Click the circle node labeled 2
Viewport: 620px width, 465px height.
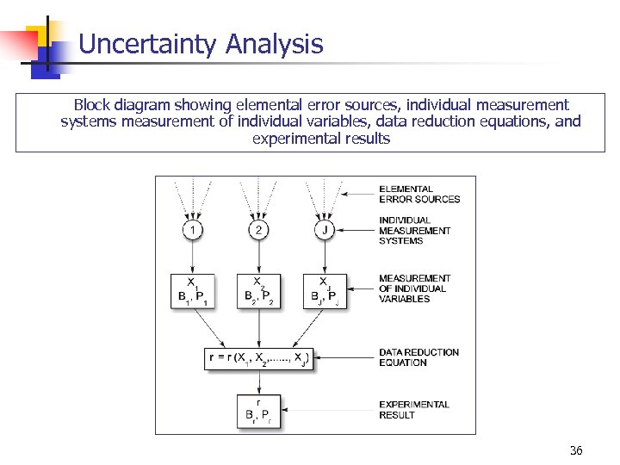259,230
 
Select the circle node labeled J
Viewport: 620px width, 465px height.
325,230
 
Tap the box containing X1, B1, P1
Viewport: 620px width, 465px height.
193,290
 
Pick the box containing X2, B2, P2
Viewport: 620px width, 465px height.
259,290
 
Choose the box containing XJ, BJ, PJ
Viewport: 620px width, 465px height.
325,290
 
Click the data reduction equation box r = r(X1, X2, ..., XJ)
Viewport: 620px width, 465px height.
259,357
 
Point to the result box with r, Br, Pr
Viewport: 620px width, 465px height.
259,410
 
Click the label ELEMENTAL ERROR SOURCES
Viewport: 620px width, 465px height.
419,194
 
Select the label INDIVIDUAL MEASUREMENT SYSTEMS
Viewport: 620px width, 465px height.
414,230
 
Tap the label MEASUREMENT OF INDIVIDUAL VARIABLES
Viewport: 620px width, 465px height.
414,288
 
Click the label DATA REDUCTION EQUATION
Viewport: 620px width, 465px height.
418,357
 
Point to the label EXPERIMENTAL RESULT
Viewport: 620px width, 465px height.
413,410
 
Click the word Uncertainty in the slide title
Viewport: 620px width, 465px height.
147,44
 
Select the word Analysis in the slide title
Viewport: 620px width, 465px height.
274,44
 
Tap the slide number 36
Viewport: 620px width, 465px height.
576,450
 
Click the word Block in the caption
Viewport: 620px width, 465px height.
92,105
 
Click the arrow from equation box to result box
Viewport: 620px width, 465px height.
259,382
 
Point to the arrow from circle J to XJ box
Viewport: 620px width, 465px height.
325,257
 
